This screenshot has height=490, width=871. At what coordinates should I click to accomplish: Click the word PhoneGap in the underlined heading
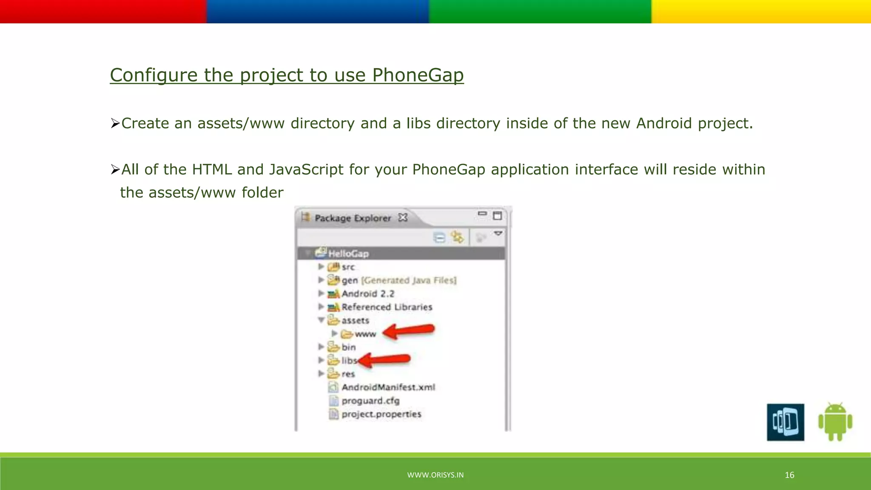(418, 75)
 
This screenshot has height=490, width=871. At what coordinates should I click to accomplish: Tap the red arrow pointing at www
(409, 331)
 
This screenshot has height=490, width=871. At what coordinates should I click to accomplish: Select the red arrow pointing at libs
(385, 360)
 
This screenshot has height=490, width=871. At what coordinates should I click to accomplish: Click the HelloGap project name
(348, 254)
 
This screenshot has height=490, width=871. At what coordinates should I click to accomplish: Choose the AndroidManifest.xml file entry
(388, 387)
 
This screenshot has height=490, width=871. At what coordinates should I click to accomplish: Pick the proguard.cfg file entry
(370, 401)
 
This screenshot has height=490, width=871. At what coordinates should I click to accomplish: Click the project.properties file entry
(381, 414)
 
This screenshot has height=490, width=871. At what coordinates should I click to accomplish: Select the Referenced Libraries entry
(387, 307)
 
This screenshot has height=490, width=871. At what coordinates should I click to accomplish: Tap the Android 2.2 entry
(368, 294)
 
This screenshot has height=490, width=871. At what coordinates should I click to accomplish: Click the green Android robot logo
(835, 422)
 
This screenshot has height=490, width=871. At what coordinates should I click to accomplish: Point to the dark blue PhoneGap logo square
(785, 422)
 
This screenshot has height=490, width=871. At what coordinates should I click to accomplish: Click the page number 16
(789, 475)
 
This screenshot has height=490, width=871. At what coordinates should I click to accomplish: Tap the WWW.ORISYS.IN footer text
(435, 475)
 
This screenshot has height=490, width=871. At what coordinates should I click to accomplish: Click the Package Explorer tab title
(353, 218)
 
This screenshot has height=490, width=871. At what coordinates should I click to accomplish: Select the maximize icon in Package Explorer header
(497, 216)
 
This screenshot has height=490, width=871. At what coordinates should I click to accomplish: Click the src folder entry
(348, 267)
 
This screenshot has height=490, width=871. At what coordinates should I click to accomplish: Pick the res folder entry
(348, 374)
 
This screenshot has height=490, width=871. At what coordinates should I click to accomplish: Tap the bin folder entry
(348, 348)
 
